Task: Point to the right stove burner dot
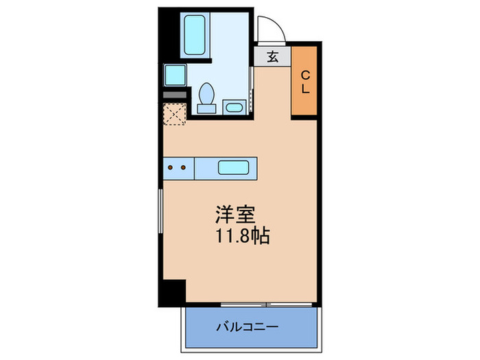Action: point(184,167)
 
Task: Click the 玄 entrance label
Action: point(272,57)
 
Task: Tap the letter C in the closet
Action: point(306,75)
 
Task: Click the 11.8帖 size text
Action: point(242,237)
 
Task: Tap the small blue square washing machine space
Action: point(174,74)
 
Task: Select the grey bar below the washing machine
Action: point(174,94)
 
